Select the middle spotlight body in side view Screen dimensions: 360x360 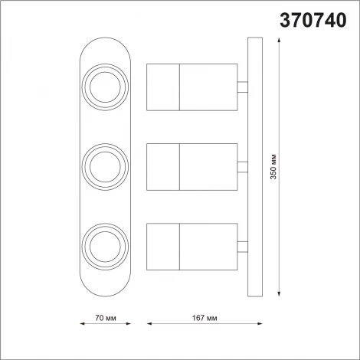(x=191, y=166)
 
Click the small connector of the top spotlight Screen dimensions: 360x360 (x=242, y=87)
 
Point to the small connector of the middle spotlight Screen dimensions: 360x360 (x=242, y=165)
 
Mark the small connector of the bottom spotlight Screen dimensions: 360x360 (x=242, y=245)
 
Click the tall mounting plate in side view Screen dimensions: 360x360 (x=254, y=166)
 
